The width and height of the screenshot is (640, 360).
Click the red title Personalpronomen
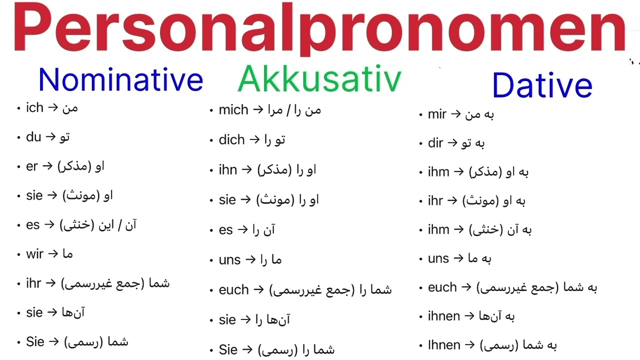point(320,29)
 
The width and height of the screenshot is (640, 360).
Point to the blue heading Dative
point(542,85)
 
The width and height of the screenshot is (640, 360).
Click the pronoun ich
point(34,107)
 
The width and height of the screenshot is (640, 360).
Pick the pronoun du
point(33,136)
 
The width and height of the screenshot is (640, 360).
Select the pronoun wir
point(34,254)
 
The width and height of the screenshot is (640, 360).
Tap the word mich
point(233,110)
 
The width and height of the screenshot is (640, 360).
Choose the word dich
point(231,140)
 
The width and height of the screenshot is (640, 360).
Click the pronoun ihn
point(227,170)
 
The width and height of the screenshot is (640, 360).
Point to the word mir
point(437,114)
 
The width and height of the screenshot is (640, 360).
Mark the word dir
point(435,143)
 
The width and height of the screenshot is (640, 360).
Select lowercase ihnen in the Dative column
point(444,316)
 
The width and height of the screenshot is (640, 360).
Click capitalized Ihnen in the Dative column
point(444,345)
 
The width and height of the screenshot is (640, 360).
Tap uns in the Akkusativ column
point(229,260)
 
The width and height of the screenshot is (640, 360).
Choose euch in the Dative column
point(442,287)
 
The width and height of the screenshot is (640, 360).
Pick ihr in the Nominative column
point(33,283)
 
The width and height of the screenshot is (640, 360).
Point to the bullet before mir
point(421,115)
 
